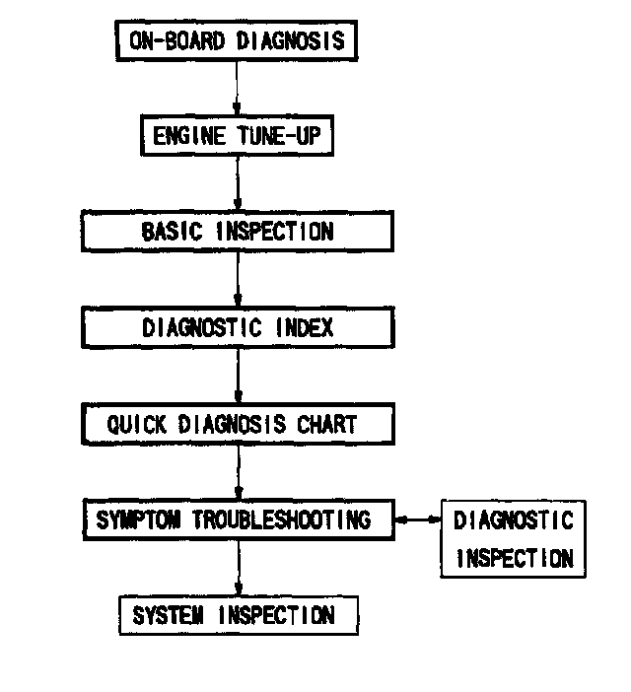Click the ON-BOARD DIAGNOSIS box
(237, 41)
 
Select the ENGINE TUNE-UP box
(237, 136)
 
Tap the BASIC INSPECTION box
(237, 232)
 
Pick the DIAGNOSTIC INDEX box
(237, 327)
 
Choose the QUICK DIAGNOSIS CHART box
(237, 424)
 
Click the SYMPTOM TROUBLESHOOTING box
(237, 519)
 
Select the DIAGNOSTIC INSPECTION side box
(512, 538)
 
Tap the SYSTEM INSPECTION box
(237, 616)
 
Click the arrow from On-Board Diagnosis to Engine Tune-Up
(237, 89)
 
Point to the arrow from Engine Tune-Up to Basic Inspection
(237, 184)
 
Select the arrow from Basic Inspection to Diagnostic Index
(237, 280)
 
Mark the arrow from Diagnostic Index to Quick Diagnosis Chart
(237, 376)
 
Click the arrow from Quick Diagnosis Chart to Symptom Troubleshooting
(237, 472)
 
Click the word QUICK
(137, 424)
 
